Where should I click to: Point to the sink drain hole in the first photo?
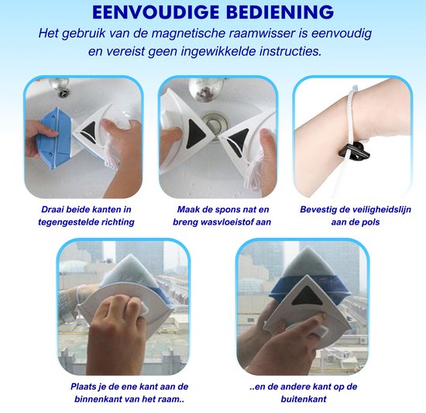[64, 92]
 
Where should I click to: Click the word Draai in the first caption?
[50, 209]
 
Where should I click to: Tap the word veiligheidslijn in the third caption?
[382, 209]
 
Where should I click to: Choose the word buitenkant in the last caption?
[304, 399]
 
